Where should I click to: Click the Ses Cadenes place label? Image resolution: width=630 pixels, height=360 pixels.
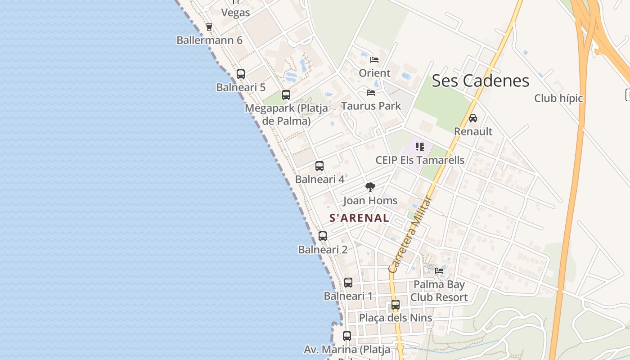click(x=480, y=81)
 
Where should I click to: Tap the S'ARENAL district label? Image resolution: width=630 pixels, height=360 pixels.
click(x=359, y=218)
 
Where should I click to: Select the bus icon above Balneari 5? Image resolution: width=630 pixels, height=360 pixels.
click(x=241, y=74)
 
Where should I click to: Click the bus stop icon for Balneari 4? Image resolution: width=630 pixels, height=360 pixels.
click(x=319, y=166)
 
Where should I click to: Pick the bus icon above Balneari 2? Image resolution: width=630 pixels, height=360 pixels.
click(x=323, y=236)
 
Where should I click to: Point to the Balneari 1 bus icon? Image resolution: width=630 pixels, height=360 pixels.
click(x=348, y=283)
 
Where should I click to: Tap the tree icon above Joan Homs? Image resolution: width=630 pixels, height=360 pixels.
click(x=370, y=187)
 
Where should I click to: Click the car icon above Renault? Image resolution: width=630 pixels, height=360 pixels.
click(x=473, y=118)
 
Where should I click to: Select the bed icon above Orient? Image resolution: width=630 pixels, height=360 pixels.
click(x=374, y=60)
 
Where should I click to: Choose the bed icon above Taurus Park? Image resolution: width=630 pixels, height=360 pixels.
click(x=371, y=93)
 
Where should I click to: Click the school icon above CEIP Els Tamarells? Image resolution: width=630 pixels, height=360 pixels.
click(x=420, y=146)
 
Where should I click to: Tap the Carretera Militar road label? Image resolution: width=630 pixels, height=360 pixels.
click(x=410, y=234)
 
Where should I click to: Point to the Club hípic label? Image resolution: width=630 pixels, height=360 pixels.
click(x=558, y=98)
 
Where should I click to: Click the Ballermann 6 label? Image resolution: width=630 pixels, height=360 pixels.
click(x=209, y=40)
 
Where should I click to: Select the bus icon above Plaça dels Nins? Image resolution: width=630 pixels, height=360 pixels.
click(x=396, y=305)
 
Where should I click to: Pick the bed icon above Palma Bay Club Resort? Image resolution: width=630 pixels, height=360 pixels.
click(x=439, y=271)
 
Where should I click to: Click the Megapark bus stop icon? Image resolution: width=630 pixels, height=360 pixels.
click(x=286, y=95)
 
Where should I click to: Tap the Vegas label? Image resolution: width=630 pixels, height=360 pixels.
click(x=235, y=13)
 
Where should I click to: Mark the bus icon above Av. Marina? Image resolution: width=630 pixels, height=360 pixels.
click(x=347, y=336)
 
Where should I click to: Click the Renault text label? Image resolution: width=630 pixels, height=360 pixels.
click(x=473, y=131)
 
